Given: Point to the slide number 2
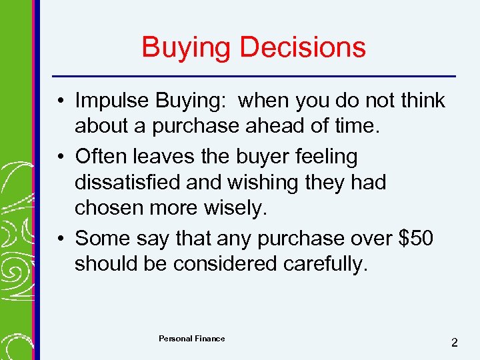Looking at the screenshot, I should [454, 343].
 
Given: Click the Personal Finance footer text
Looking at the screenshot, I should [191, 339].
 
